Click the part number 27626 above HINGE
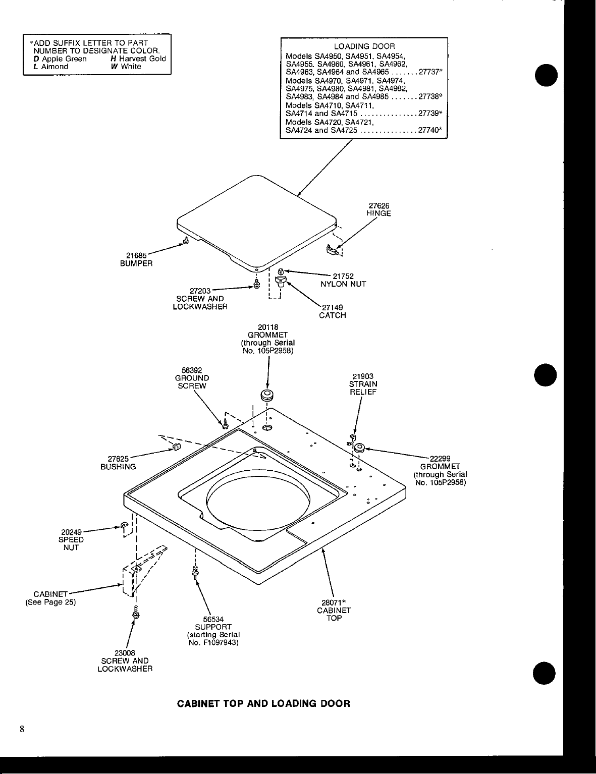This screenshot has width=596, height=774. (378, 206)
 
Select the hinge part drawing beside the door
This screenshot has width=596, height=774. (332, 248)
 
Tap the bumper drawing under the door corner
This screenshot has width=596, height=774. (186, 241)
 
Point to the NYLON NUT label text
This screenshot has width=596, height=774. (343, 284)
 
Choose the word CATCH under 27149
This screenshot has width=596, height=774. (332, 316)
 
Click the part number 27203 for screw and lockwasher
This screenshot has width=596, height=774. (200, 291)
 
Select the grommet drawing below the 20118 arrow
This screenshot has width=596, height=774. (266, 394)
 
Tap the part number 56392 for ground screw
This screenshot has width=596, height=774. (192, 370)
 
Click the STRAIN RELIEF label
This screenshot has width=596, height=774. (363, 388)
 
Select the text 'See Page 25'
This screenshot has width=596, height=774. (50, 601)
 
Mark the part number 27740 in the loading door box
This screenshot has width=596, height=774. (428, 130)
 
